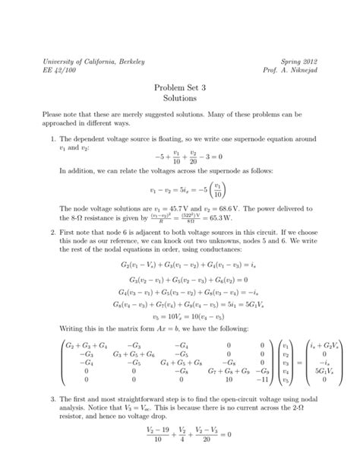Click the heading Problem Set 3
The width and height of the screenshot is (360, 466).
pyautogui.click(x=180, y=87)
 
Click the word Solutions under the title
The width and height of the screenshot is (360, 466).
pyautogui.click(x=180, y=99)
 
